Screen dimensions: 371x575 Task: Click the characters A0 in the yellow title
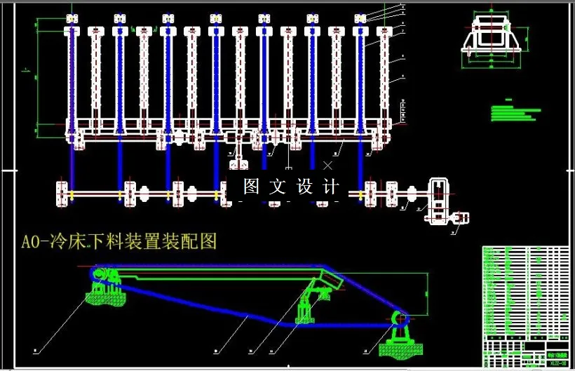click(x=31, y=243)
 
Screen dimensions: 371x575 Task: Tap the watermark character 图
click(x=251, y=187)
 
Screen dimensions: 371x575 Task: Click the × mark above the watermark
click(x=327, y=166)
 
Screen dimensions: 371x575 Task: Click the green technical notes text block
click(x=511, y=112)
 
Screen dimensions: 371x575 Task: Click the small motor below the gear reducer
click(x=459, y=219)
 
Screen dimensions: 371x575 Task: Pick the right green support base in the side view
click(x=398, y=346)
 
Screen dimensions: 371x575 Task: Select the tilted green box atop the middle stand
click(x=329, y=281)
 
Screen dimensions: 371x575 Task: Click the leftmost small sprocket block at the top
click(x=71, y=18)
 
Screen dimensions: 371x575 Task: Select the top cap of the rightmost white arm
click(x=385, y=32)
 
